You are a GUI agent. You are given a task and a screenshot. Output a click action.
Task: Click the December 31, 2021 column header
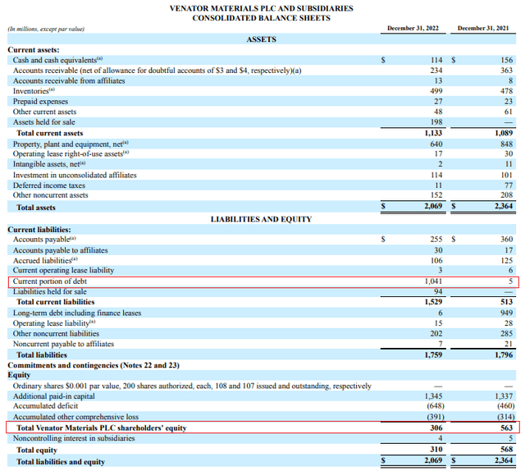coord(483,29)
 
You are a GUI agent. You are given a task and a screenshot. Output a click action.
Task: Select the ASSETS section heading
coord(261,39)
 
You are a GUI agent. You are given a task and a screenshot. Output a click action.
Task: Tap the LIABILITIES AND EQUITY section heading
coord(261,219)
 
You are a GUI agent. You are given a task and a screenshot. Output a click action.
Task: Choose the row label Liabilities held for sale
coord(50,291)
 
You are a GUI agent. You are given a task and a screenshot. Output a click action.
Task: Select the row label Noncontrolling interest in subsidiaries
coord(75,438)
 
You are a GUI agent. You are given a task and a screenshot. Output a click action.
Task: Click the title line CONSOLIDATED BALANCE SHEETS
coord(262,17)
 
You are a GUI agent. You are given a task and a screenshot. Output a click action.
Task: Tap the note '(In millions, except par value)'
coord(46,30)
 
